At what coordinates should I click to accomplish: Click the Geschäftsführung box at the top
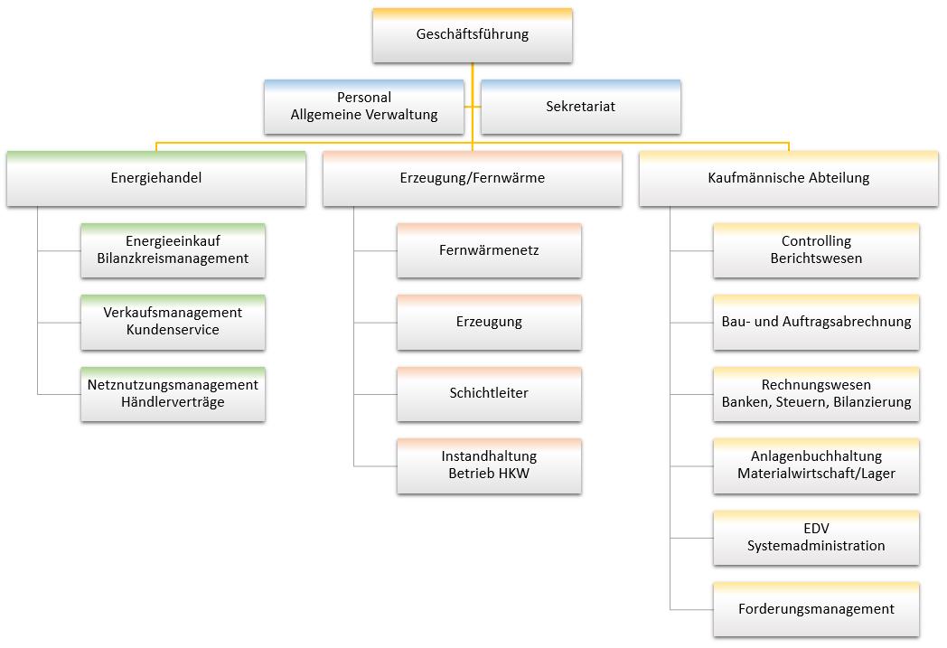472,35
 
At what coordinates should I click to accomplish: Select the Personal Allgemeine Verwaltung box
363,107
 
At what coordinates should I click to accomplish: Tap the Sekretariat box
580,107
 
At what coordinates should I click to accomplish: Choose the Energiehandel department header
155,178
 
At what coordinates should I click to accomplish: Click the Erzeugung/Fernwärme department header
472,178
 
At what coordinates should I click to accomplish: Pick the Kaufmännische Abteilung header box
788,178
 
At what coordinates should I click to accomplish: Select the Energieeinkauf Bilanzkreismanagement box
173,250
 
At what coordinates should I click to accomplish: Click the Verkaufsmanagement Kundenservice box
173,322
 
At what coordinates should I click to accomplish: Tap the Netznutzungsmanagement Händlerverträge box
173,394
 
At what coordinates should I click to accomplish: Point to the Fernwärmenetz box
489,250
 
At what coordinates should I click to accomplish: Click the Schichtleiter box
489,394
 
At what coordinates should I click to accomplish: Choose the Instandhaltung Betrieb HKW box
489,465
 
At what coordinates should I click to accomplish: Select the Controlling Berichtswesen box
816,250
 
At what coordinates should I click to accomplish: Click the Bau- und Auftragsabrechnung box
816,322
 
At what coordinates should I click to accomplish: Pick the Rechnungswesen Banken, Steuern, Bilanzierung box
816,394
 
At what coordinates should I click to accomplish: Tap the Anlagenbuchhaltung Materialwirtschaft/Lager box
816,465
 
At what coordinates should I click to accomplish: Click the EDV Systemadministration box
816,538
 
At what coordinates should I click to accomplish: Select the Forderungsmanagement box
816,609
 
